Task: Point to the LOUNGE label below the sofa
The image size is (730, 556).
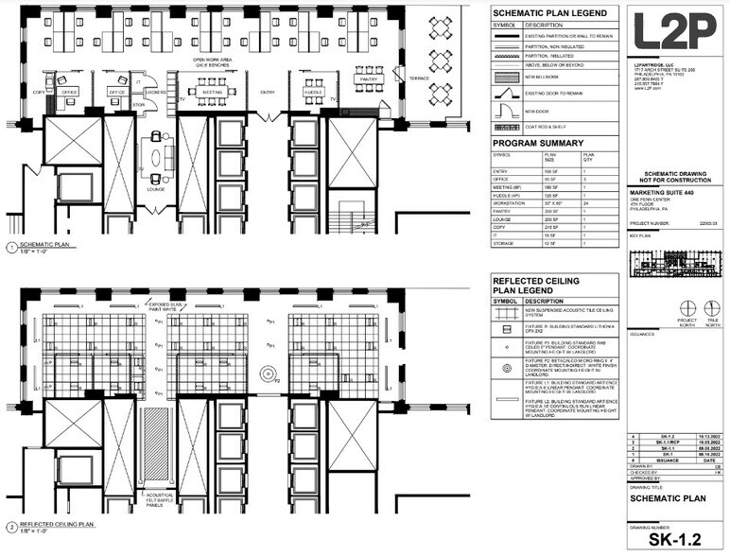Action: point(157,188)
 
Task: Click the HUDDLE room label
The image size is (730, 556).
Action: point(313,92)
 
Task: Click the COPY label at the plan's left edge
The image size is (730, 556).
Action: point(39,92)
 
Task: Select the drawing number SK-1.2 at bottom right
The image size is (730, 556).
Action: point(675,540)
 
